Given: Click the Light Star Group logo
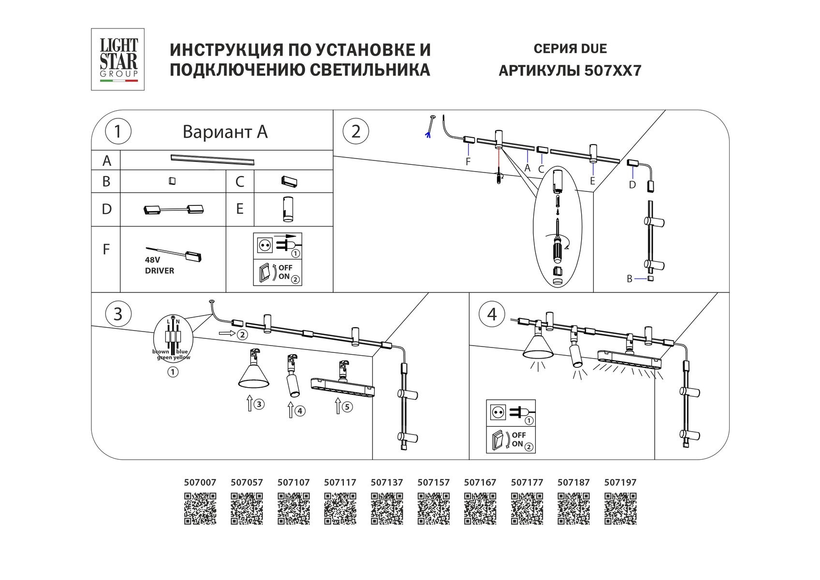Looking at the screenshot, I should tap(118, 59).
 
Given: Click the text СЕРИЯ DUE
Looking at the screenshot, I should tap(570, 49).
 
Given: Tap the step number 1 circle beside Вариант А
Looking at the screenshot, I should tap(117, 131).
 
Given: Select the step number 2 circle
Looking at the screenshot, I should tap(356, 131).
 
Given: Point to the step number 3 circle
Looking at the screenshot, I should tap(117, 314).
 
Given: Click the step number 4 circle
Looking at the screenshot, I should tap(492, 314).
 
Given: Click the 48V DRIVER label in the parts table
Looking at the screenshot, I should tap(159, 265).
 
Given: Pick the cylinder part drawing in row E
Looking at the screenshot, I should tap(288, 209).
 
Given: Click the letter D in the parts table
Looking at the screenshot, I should tap(106, 209).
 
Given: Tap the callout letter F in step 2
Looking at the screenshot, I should tap(468, 162).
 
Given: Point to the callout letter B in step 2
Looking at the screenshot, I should tap(629, 279).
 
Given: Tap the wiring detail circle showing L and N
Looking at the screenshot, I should tap(173, 338).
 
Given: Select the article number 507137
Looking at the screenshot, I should tap(386, 482).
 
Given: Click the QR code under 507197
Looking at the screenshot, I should tap(620, 508).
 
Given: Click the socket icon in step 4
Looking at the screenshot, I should tap(498, 412).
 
